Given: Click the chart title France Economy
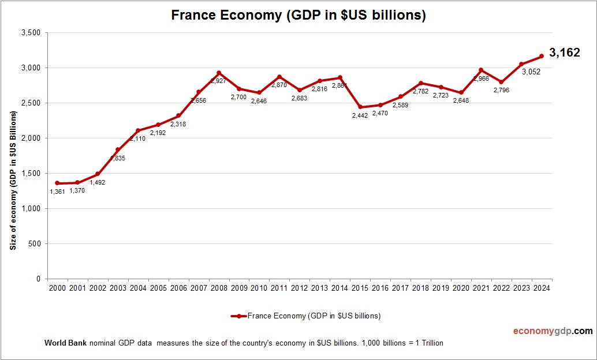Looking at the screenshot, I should (298, 16).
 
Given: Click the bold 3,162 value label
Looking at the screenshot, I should (564, 53).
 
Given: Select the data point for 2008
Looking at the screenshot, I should (219, 73).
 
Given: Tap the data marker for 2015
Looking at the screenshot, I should (360, 107).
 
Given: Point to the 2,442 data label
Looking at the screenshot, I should (359, 116).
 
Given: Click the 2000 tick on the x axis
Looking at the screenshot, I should (57, 288).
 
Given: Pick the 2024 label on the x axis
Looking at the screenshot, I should (542, 288).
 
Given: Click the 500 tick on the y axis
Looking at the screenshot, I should (34, 243).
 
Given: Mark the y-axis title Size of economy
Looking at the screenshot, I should (13, 180).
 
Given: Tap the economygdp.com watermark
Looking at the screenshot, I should (553, 331).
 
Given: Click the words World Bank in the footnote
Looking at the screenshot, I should (65, 343).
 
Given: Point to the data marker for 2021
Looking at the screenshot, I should (481, 70).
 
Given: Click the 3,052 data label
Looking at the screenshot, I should (532, 72).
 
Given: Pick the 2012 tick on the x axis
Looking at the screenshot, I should (300, 288).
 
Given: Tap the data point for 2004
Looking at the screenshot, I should (138, 130).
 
